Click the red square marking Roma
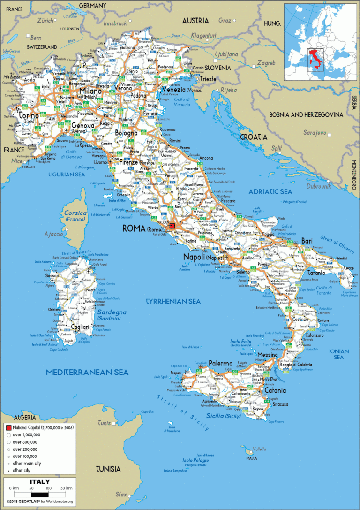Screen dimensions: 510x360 [x=172, y=226]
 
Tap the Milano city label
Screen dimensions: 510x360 [x=90, y=91]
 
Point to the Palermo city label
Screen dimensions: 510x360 [x=220, y=363]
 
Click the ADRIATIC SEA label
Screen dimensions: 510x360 [x=270, y=191]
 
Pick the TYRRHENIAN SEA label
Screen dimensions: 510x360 [x=173, y=301]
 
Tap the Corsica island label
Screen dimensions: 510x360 [x=75, y=213]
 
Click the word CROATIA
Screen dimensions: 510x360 [x=254, y=137]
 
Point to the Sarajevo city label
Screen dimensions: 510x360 [x=315, y=133]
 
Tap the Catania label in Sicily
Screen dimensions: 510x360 [x=275, y=390]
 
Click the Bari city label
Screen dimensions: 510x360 [x=307, y=240]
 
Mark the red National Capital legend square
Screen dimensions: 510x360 [x=8, y=428]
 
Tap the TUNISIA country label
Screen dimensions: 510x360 [x=108, y=469]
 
